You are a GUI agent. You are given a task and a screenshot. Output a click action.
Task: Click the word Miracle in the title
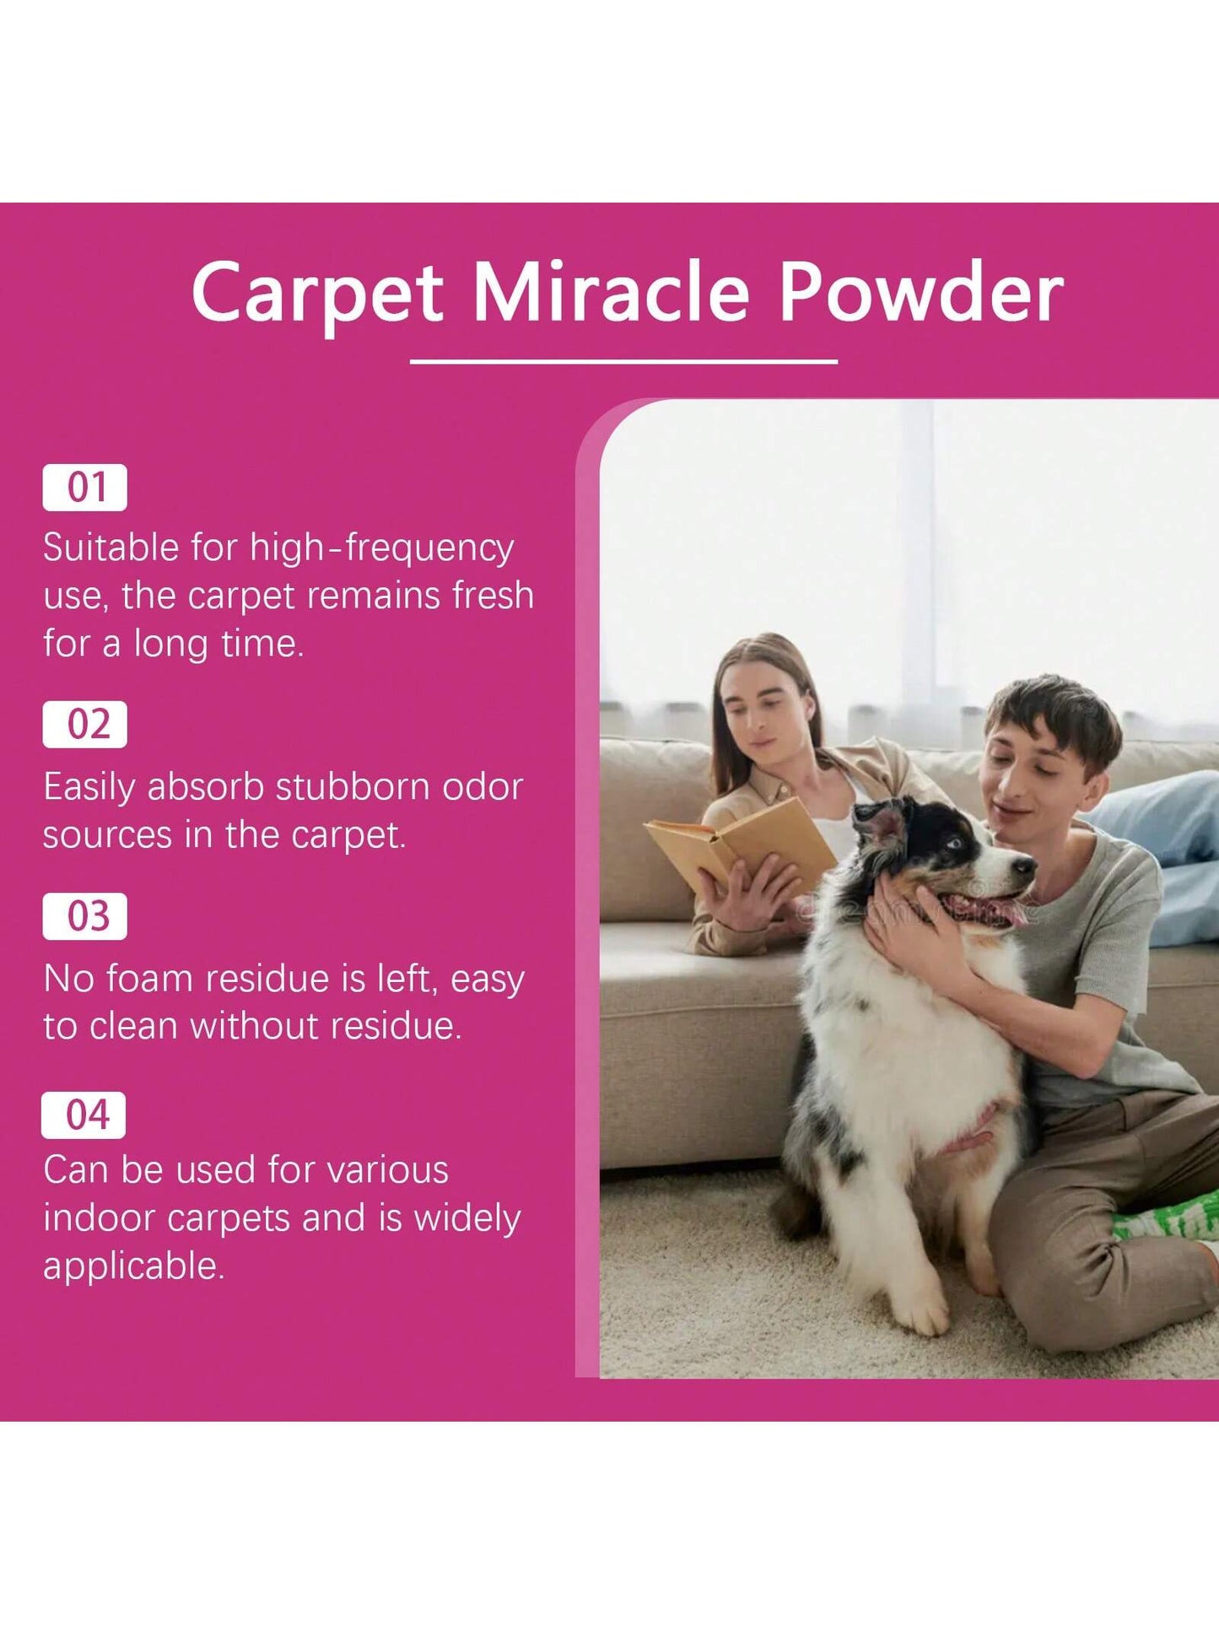click(610, 292)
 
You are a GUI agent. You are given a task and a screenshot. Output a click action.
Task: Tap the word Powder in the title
click(920, 292)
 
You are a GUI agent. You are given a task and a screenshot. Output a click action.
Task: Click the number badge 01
click(85, 488)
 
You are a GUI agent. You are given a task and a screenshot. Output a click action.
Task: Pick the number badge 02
click(85, 725)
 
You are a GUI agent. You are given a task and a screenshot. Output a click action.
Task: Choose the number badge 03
click(85, 916)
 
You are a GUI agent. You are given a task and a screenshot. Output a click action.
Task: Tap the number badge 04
click(84, 1115)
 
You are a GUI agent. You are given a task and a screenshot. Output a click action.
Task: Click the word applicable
click(134, 1267)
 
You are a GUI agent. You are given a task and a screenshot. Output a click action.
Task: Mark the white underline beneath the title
click(623, 361)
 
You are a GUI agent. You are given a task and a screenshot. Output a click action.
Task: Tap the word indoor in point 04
click(100, 1218)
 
